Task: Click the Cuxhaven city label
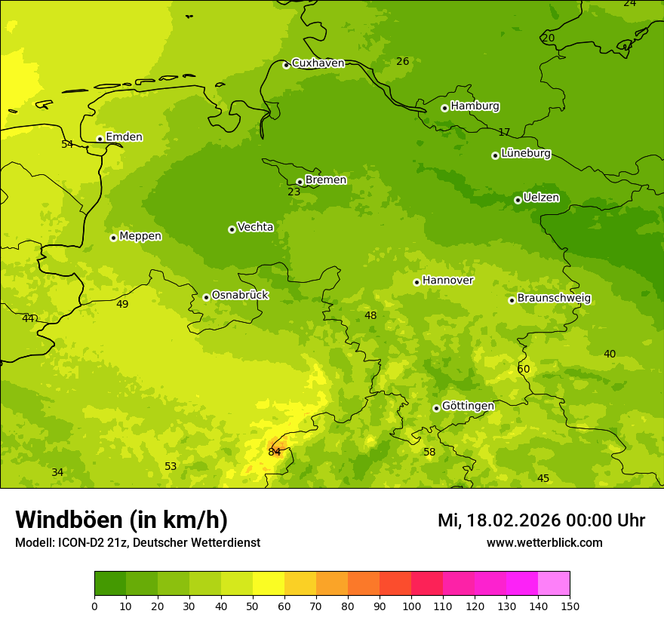(x=318, y=63)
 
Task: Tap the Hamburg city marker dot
(x=444, y=108)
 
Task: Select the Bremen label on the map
(x=325, y=180)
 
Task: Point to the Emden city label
(x=124, y=137)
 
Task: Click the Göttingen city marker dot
(x=436, y=408)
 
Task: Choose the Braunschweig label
(x=554, y=299)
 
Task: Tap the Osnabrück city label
(x=240, y=296)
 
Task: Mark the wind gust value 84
(x=274, y=453)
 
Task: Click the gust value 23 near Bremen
(x=294, y=192)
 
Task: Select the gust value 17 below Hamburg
(x=504, y=133)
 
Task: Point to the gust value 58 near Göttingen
(x=429, y=453)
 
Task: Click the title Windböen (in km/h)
(x=121, y=520)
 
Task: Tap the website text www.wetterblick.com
(x=544, y=543)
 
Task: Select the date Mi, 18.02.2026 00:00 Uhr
(x=541, y=520)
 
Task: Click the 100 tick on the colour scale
(x=411, y=606)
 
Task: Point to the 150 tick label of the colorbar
(x=570, y=606)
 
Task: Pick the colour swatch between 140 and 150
(x=554, y=584)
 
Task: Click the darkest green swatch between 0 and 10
(x=110, y=584)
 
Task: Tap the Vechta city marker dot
(x=232, y=229)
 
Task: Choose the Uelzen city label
(x=541, y=198)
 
